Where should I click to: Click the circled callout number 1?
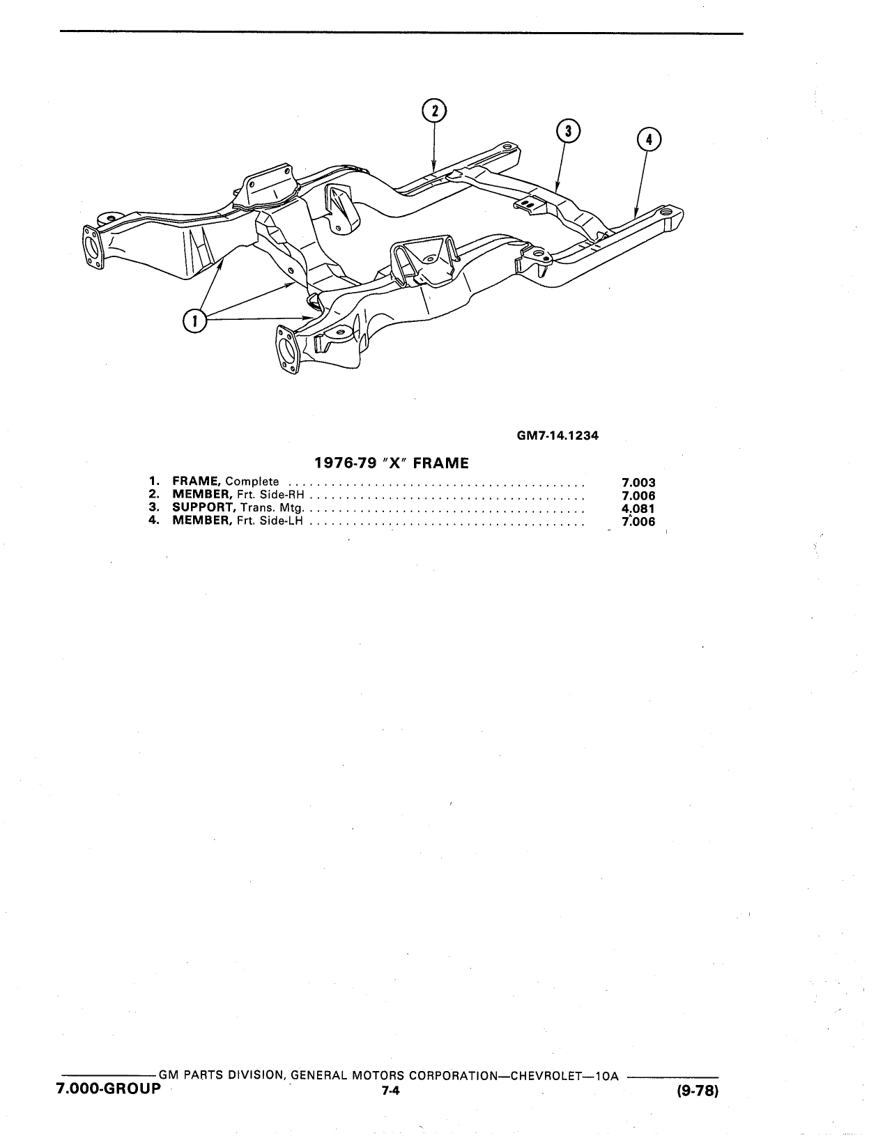point(194,321)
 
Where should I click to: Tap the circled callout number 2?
point(434,111)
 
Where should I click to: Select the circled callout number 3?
point(568,131)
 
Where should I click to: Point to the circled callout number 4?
point(649,139)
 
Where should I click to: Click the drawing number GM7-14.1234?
point(557,436)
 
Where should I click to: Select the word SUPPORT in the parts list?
point(203,507)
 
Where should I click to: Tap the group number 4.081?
point(638,509)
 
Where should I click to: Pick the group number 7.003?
point(638,482)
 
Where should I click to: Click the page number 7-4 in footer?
point(391,1089)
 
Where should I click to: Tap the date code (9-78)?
point(698,1088)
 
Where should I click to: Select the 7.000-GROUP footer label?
point(108,1087)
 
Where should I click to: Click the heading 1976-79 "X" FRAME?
point(392,463)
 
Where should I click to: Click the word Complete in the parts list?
point(252,482)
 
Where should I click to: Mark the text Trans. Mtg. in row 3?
point(272,508)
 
